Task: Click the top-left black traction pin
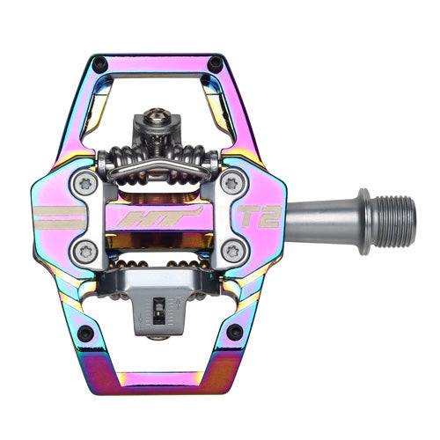pyautogui.click(x=101, y=64)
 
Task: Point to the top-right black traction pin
pyautogui.click(x=216, y=64)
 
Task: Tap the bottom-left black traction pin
pyautogui.click(x=85, y=333)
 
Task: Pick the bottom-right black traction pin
pyautogui.click(x=234, y=332)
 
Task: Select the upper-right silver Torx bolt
pyautogui.click(x=231, y=183)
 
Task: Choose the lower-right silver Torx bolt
pyautogui.click(x=231, y=250)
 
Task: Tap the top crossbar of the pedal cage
pyautogui.click(x=158, y=63)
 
